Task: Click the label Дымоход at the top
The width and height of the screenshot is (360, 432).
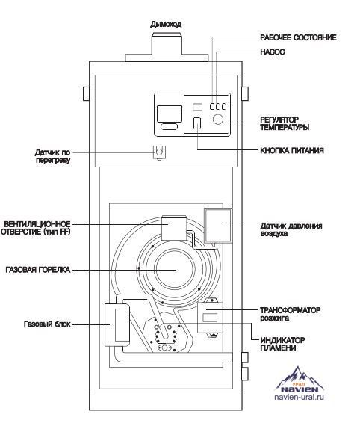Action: (166, 24)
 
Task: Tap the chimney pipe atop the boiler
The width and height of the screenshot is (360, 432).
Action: (167, 44)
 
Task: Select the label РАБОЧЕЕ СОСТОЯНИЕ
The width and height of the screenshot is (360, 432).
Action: (298, 37)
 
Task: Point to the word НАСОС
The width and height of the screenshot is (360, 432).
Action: (273, 52)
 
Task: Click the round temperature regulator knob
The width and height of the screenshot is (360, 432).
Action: (218, 120)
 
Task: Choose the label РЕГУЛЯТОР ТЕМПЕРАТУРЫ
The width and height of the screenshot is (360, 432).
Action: (285, 123)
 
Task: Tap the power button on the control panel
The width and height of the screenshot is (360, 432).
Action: (197, 123)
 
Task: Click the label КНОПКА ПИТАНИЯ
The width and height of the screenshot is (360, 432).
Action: (292, 151)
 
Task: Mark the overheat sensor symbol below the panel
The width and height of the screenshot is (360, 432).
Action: (159, 152)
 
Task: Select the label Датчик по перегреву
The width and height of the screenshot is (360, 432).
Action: (52, 156)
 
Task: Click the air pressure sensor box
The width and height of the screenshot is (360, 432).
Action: (218, 226)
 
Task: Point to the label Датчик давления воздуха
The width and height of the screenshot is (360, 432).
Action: (291, 229)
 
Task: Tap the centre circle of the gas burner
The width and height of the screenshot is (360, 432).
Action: (176, 269)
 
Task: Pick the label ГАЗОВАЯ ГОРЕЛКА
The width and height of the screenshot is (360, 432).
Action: (38, 270)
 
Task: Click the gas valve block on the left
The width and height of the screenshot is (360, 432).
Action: (117, 324)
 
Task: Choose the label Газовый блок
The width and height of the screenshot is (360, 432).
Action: (47, 324)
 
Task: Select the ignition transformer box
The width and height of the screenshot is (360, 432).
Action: (210, 317)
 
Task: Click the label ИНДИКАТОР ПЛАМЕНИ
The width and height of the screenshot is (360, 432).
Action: (282, 344)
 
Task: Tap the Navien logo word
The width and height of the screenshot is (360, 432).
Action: (300, 389)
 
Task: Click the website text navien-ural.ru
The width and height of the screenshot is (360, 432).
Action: (299, 397)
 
